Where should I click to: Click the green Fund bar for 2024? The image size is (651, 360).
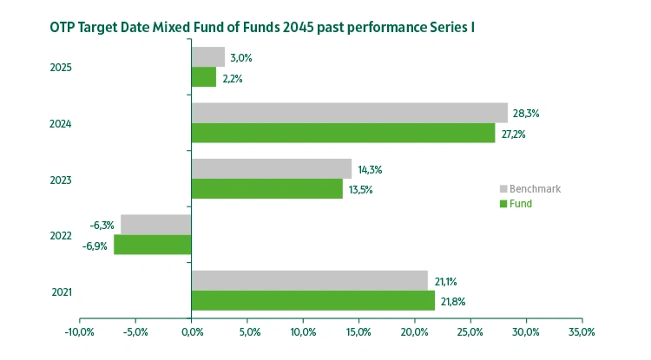(x=343, y=133)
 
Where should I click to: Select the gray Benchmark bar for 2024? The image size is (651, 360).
(x=349, y=113)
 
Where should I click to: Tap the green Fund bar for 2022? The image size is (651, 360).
(x=152, y=245)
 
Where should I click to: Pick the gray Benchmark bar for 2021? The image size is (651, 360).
(x=309, y=280)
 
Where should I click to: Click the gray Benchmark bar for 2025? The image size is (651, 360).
(x=208, y=57)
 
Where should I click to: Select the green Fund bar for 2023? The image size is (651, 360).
(x=266, y=188)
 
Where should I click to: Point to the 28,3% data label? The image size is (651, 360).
(x=527, y=113)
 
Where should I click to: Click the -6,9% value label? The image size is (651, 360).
(x=95, y=246)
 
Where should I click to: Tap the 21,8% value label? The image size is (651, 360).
(x=455, y=301)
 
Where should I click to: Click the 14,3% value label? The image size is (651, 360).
(x=371, y=169)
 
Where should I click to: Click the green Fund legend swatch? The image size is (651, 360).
(x=503, y=204)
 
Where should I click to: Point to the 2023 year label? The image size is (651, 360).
(x=61, y=180)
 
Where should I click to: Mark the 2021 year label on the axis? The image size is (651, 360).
(x=61, y=291)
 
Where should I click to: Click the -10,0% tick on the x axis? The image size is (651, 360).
(x=80, y=332)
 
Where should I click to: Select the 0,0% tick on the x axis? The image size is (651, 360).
(x=191, y=332)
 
